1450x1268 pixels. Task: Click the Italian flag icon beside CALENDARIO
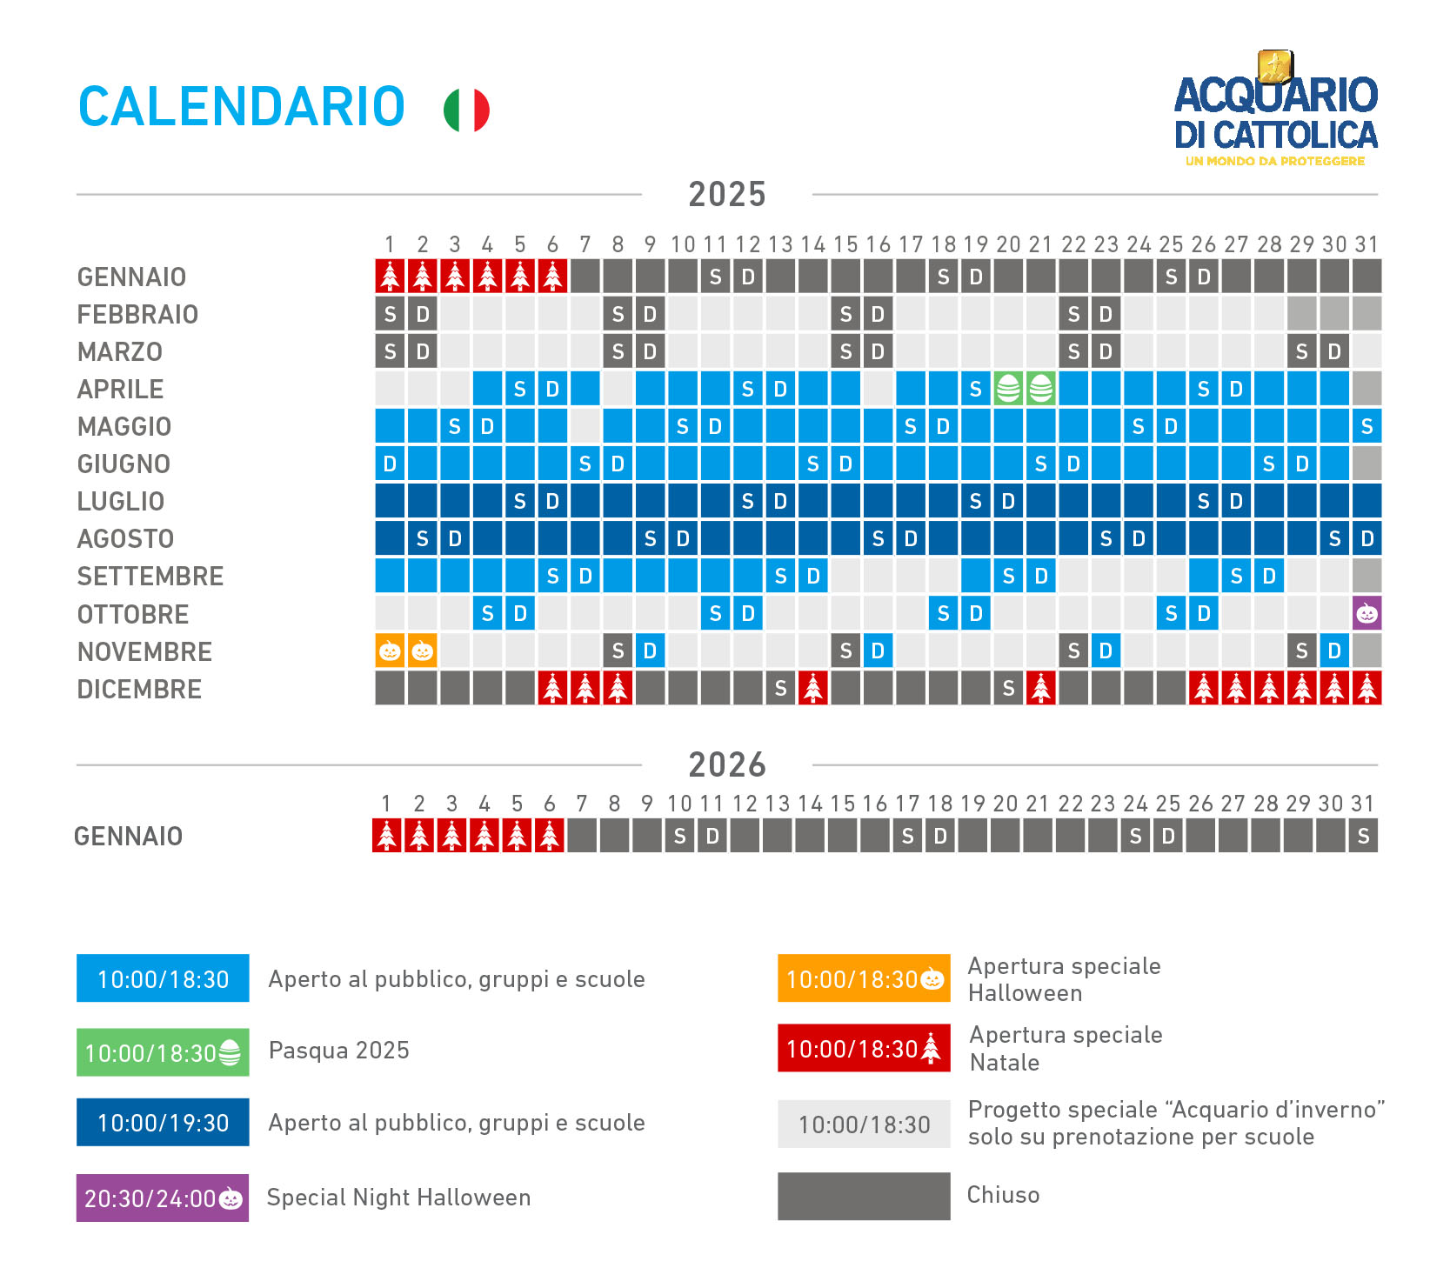(466, 110)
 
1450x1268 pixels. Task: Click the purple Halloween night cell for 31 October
(1366, 613)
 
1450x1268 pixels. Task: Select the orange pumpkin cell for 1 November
(390, 651)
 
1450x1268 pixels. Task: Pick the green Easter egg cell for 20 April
(1008, 389)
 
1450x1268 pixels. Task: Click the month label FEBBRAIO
(137, 315)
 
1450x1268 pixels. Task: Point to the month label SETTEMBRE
(150, 577)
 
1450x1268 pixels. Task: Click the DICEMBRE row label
(139, 690)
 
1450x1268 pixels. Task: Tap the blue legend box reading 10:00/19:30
(163, 1123)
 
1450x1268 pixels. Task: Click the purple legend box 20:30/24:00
(163, 1198)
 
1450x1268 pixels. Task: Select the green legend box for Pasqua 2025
(163, 1053)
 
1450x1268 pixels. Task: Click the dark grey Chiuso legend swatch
(864, 1196)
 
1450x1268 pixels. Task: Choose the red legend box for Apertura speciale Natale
(864, 1049)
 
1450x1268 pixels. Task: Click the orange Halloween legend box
(864, 979)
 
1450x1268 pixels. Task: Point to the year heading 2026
(727, 765)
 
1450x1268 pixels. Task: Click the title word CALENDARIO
(242, 107)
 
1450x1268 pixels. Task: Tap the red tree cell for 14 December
(812, 688)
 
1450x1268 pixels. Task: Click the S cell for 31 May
(1366, 426)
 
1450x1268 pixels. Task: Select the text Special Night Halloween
(398, 1198)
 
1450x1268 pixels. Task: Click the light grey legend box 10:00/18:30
(864, 1125)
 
